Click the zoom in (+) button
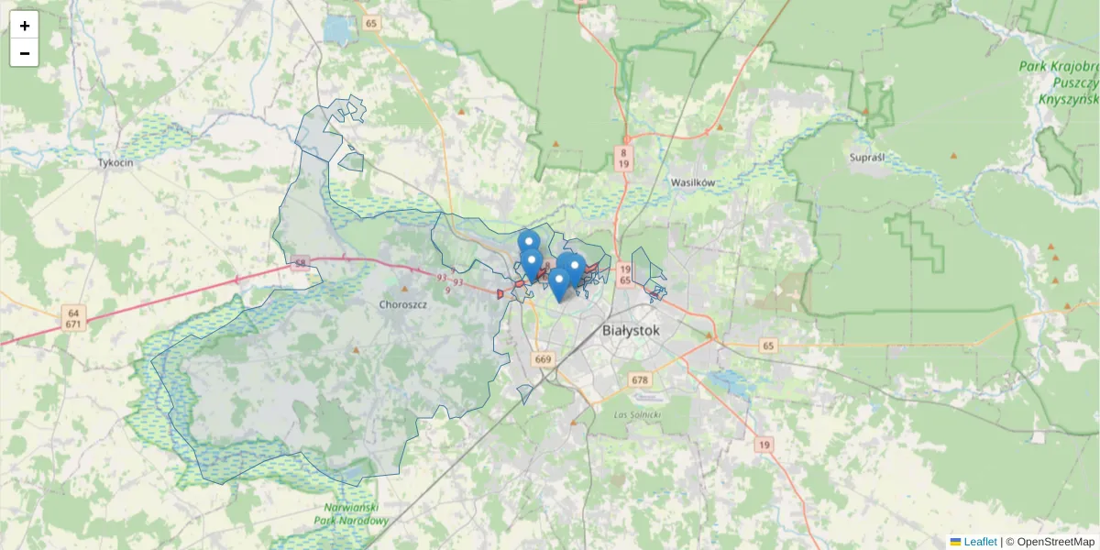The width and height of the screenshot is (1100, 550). [x=24, y=26]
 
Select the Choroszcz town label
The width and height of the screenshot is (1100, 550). [x=403, y=303]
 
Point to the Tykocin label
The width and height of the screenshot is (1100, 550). [x=115, y=162]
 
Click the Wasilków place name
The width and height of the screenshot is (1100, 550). [x=692, y=182]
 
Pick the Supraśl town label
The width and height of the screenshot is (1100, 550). [x=866, y=158]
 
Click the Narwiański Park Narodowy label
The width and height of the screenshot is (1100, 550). [x=357, y=513]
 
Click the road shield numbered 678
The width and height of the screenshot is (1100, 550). [x=640, y=379]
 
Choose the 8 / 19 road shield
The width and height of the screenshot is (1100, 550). [x=623, y=158]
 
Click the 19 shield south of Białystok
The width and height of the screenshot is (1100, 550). [x=764, y=445]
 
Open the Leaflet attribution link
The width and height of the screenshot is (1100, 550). [x=980, y=542]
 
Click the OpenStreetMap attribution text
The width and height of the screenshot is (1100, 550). [x=1055, y=542]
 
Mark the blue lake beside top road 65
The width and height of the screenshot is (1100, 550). [x=336, y=32]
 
